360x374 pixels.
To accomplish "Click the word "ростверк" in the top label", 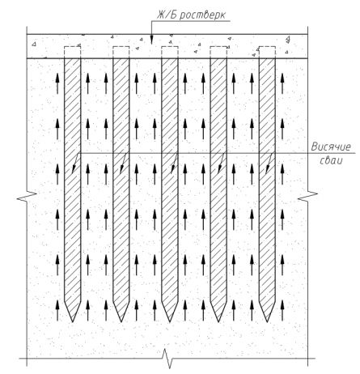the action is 202,15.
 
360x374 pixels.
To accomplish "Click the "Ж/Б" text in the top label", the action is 167,15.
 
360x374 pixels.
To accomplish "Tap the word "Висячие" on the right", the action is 331,147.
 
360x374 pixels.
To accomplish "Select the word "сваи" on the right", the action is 332,160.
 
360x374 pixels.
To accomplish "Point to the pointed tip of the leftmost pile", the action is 72,321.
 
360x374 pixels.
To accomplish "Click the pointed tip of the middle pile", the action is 170,321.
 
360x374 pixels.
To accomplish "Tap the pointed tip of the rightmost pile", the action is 267,321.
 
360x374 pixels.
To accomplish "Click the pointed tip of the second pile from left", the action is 121,321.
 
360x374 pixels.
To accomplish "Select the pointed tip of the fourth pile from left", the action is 218,321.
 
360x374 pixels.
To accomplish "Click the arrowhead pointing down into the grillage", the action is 151,40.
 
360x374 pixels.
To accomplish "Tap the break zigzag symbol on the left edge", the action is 27,197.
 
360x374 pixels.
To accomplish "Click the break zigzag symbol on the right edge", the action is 307,197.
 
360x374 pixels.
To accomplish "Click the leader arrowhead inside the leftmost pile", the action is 74,169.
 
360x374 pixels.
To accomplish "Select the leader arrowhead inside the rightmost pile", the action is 268,169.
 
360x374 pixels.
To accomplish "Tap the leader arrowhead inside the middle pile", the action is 173,169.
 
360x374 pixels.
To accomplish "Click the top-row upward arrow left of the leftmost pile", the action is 57,83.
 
